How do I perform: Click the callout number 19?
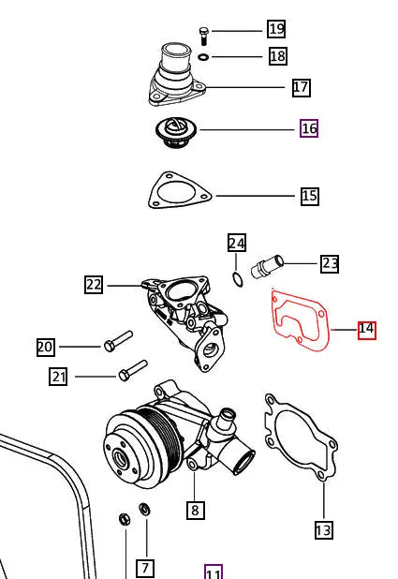[x=275, y=29]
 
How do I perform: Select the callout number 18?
[x=277, y=56]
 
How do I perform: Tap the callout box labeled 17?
[x=301, y=87]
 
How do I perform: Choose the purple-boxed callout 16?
[x=309, y=128]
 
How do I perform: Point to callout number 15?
[x=309, y=196]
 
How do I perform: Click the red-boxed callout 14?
[x=366, y=329]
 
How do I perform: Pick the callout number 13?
[x=323, y=530]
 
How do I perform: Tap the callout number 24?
[x=237, y=244]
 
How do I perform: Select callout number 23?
[x=330, y=263]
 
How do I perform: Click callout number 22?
[x=94, y=285]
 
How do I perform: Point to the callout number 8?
[x=195, y=510]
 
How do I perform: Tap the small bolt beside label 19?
[x=203, y=36]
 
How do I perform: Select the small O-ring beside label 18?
[x=203, y=57]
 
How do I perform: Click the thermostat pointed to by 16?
[x=175, y=132]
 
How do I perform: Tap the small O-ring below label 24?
[x=238, y=279]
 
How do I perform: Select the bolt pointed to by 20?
[x=118, y=341]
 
